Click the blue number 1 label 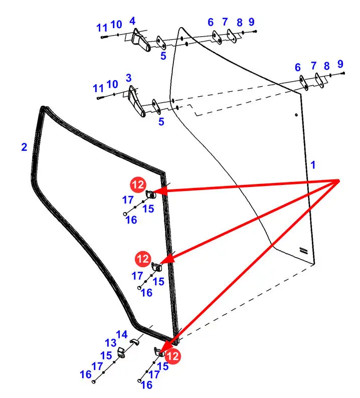tap(313, 164)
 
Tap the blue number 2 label tap(24, 147)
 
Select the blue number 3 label tap(129, 78)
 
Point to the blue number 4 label tap(132, 21)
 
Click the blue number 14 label tap(122, 334)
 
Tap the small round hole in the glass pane tap(296, 116)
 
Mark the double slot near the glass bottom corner tap(303, 250)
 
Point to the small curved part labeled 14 tap(135, 342)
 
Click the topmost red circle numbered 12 tap(137, 185)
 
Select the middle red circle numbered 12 tap(143, 259)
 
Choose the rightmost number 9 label tap(340, 64)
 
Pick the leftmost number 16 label tap(86, 374)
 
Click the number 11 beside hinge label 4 tap(102, 28)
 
